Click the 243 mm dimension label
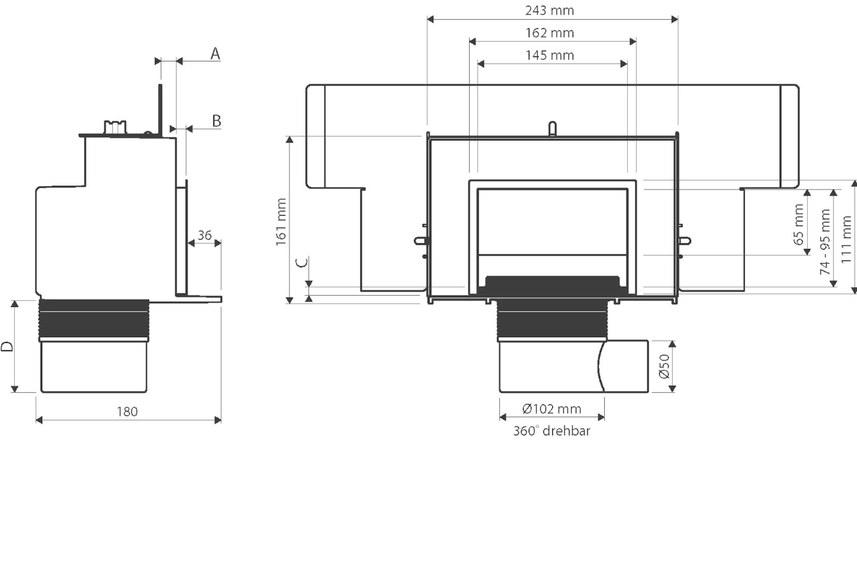pos(549,11)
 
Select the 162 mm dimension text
pos(549,33)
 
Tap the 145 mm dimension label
pos(549,56)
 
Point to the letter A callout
pos(216,54)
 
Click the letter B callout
pos(216,121)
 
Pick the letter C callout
pos(302,262)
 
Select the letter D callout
pos(7,347)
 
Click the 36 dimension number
pos(205,235)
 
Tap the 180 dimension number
pos(127,411)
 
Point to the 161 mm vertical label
pos(281,222)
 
